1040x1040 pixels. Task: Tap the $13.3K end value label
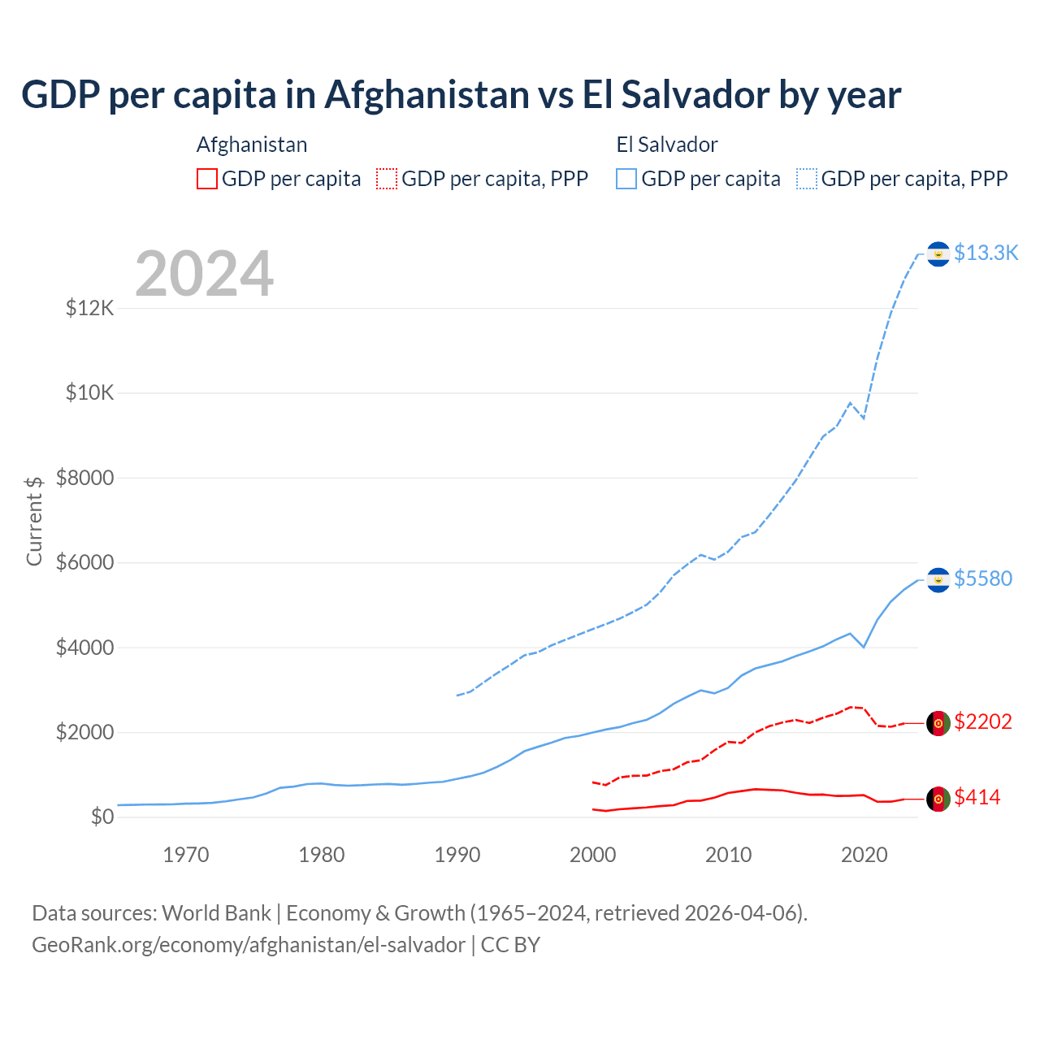(x=986, y=253)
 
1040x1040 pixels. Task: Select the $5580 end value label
(x=983, y=578)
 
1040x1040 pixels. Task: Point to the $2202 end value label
(x=983, y=721)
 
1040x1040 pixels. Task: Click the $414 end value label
(x=977, y=797)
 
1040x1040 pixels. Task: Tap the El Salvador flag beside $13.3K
(x=938, y=254)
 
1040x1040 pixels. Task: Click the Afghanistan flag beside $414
(x=938, y=799)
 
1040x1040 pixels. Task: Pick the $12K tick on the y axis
(x=90, y=308)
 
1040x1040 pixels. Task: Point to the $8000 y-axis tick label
(x=85, y=478)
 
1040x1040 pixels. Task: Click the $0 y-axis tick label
(x=102, y=817)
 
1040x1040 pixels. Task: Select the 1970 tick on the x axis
(x=186, y=855)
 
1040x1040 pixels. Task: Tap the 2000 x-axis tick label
(x=593, y=855)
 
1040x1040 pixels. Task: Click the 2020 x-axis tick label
(x=864, y=855)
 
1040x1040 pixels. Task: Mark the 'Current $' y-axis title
(x=34, y=520)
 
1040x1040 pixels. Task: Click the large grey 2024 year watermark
(x=204, y=275)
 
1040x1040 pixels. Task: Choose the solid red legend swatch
(x=207, y=179)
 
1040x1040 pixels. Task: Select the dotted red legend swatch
(x=387, y=179)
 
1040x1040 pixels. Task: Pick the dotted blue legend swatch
(x=807, y=179)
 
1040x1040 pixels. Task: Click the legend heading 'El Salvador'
(x=667, y=145)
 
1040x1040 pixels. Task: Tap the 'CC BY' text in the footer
(x=510, y=945)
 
